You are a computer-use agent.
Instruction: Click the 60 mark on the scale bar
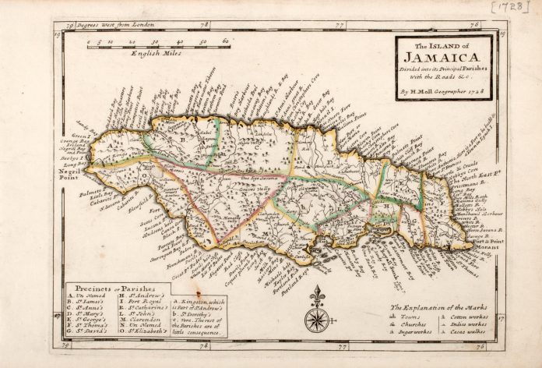(225, 41)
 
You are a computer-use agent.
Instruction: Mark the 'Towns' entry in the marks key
(413, 317)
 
